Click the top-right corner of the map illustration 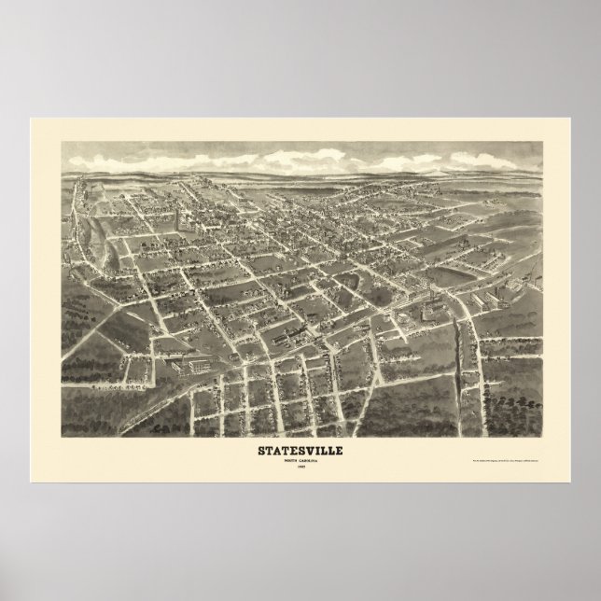(x=540, y=142)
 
